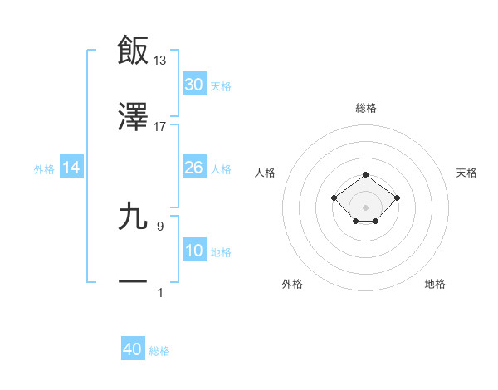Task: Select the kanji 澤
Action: pyautogui.click(x=134, y=117)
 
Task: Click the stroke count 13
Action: pyautogui.click(x=160, y=61)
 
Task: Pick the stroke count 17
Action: pyautogui.click(x=160, y=127)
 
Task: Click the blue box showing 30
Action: pyautogui.click(x=194, y=85)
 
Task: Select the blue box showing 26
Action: pyautogui.click(x=194, y=168)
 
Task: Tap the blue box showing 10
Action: pyautogui.click(x=194, y=251)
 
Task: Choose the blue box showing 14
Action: pyautogui.click(x=71, y=168)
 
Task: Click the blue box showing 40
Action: pyautogui.click(x=133, y=350)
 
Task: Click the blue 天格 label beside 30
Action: pyautogui.click(x=221, y=85)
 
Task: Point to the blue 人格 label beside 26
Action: pyautogui.click(x=221, y=168)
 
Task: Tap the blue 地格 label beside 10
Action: pyautogui.click(x=221, y=251)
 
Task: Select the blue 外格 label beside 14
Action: pyautogui.click(x=44, y=168)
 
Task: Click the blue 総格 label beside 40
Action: pyautogui.click(x=159, y=351)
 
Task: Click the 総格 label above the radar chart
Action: pyautogui.click(x=366, y=108)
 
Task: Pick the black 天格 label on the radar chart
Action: pyautogui.click(x=466, y=173)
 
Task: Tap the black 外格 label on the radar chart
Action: pyautogui.click(x=292, y=284)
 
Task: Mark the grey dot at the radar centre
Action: pyautogui.click(x=366, y=207)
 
